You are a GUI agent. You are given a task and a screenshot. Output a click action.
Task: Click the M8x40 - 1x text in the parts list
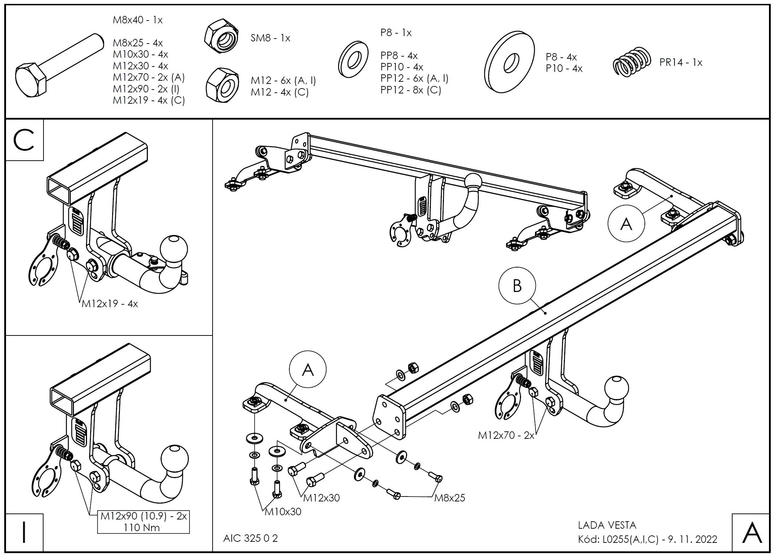(138, 20)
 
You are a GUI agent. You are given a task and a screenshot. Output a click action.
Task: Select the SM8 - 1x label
(270, 38)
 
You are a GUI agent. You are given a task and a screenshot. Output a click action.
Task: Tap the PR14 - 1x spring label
(681, 63)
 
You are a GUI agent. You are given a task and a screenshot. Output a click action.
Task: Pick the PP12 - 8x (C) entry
(411, 90)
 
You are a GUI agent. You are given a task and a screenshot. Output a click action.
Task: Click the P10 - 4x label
(564, 68)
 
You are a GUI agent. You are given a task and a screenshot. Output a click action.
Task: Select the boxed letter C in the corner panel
(24, 140)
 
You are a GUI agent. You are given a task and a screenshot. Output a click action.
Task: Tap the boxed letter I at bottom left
(24, 532)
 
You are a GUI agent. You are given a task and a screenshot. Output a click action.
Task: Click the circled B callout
(517, 286)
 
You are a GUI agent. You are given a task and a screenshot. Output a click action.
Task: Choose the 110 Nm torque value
(141, 528)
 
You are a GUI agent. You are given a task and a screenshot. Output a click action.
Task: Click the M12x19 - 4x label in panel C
(110, 304)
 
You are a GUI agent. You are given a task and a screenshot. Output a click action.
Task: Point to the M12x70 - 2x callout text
(506, 435)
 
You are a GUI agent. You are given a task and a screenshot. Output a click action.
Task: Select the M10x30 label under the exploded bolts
(283, 512)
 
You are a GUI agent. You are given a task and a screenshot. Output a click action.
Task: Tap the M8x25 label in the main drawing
(450, 498)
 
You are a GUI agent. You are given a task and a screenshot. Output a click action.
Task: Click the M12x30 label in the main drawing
(322, 498)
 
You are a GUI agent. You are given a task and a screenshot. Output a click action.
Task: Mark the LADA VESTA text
(607, 525)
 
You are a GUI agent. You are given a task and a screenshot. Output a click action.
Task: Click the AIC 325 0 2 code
(250, 538)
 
